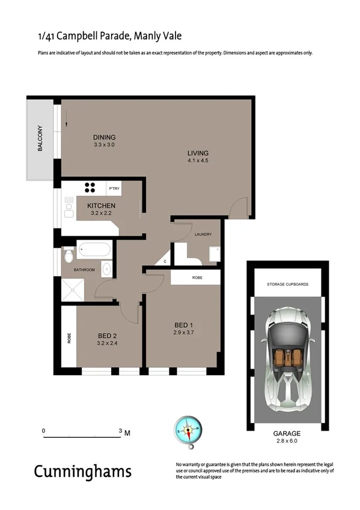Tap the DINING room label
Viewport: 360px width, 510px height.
tap(104, 137)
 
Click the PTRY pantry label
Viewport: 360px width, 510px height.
tap(114, 189)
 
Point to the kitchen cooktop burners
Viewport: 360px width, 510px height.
tap(90, 187)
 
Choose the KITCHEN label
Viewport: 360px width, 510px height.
tap(101, 206)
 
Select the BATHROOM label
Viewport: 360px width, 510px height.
tap(84, 270)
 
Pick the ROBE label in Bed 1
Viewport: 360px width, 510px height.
tap(197, 278)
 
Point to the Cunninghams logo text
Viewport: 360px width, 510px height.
tap(82, 471)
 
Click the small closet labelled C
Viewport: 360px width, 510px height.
tap(164, 262)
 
